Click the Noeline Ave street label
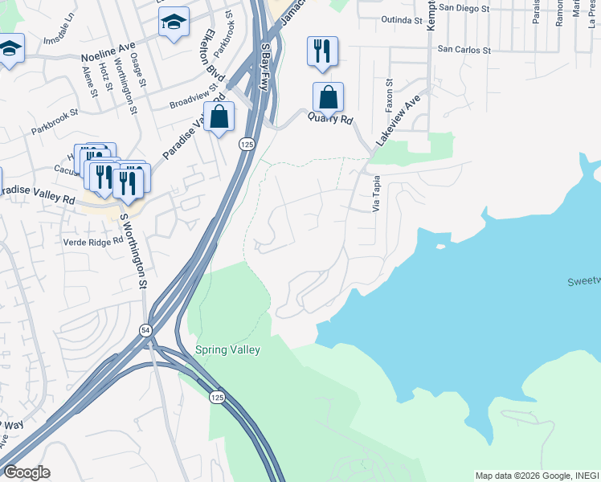[108, 57]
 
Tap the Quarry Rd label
[330, 119]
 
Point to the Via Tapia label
[375, 195]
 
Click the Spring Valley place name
[228, 350]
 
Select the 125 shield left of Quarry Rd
[246, 144]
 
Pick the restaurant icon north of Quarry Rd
[322, 51]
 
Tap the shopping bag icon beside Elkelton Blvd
[219, 116]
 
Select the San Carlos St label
[464, 50]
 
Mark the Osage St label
[138, 70]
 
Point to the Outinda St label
[403, 19]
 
